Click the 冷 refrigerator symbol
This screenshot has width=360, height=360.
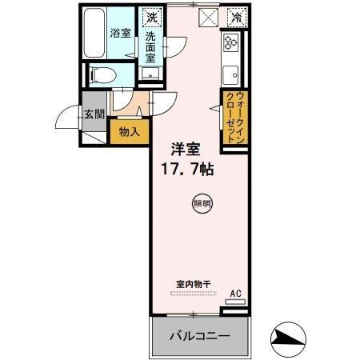click(236, 15)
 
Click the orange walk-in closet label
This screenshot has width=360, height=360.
click(234, 118)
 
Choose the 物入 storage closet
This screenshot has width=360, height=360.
click(129, 130)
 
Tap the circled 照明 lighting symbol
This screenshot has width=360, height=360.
click(202, 204)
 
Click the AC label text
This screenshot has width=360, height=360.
click(235, 294)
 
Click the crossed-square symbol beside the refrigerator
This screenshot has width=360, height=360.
click(208, 15)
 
